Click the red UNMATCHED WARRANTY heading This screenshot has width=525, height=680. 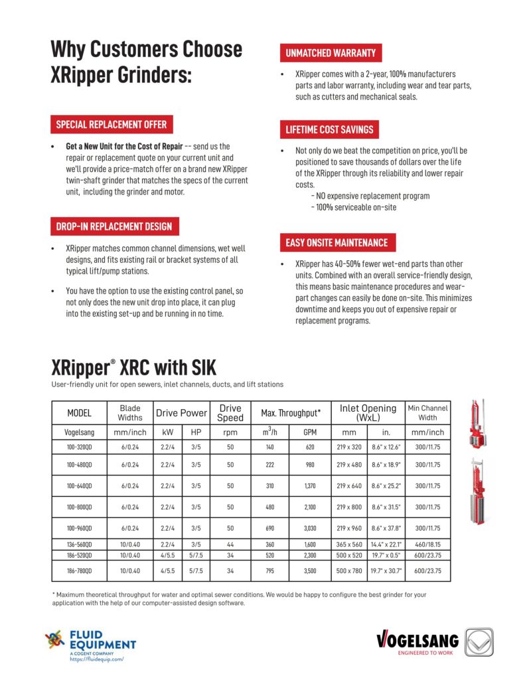pos(331,52)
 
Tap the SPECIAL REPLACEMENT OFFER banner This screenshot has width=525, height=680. pos(111,124)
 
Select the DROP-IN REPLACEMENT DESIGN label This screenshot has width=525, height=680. pos(113,226)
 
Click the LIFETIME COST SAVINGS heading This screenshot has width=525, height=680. pos(329,129)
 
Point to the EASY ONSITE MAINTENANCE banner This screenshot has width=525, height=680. pos(337,242)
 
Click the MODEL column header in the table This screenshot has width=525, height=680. pos(79,413)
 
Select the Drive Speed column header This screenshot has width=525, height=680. pos(230,413)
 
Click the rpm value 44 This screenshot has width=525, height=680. pos(230,545)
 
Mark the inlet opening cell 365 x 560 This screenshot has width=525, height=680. pos(350,545)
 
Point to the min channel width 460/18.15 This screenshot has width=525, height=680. pos(428,545)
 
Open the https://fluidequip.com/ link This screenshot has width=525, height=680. pos(96,659)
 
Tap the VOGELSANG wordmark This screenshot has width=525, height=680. pos(417,641)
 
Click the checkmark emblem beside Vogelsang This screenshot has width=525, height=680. pos(480,642)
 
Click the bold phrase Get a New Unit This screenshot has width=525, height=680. pos(94,145)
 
